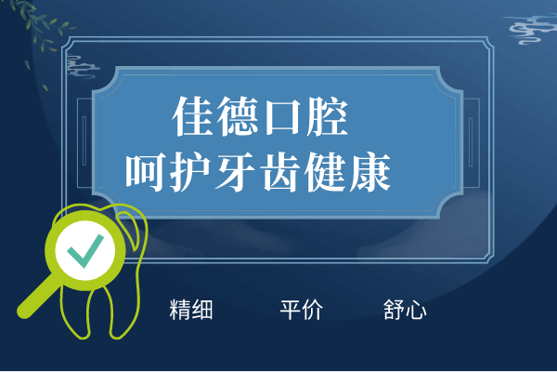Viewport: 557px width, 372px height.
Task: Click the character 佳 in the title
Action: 193,116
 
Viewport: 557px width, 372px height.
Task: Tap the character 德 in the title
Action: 238,116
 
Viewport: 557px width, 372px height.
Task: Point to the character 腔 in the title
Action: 327,116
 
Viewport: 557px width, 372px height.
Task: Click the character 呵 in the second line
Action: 146,172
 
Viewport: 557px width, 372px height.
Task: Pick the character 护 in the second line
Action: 190,172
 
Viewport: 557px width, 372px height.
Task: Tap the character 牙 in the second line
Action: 235,172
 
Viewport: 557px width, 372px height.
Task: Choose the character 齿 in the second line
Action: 280,172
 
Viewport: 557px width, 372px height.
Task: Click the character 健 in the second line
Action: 324,172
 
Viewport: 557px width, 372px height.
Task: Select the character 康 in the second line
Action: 369,172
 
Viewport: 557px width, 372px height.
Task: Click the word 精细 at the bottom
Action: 191,310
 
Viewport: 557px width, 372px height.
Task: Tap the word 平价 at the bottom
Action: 302,310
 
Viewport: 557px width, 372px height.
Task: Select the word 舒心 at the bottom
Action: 405,310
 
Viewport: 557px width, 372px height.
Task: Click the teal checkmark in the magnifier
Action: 85,250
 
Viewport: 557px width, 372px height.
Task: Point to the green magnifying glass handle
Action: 38,298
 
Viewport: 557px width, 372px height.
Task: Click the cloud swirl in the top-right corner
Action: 531,28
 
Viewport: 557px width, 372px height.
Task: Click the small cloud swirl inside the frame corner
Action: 83,66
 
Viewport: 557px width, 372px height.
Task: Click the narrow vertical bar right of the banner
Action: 471,141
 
